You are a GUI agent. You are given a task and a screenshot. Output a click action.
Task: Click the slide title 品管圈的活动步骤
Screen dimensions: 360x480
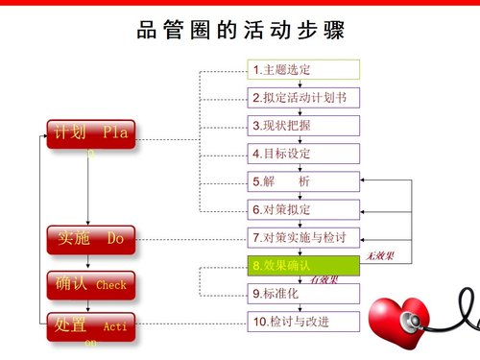click(240, 30)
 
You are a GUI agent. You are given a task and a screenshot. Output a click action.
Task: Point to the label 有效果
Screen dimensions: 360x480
click(324, 279)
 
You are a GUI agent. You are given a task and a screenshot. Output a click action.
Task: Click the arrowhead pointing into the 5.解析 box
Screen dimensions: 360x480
click(365, 181)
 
